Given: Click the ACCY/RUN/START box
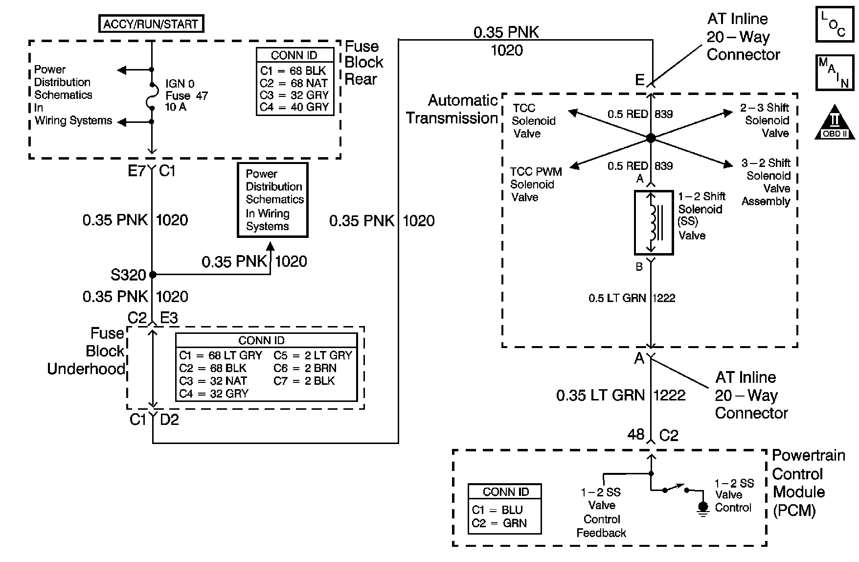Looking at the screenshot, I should [x=151, y=24].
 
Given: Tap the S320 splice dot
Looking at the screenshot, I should [x=152, y=275].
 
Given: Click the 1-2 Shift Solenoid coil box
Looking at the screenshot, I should [x=654, y=223].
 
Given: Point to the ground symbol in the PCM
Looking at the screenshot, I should [x=703, y=508].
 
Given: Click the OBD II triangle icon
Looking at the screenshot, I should [x=835, y=122].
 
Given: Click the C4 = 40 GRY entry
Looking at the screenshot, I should [x=294, y=107].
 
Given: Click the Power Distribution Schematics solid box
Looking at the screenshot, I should [x=272, y=200].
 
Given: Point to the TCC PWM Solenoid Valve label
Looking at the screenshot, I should [x=535, y=185].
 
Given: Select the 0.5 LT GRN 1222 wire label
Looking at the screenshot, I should [x=632, y=298].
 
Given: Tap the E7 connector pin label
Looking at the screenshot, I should [x=136, y=171].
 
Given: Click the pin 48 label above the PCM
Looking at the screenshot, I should [x=636, y=434].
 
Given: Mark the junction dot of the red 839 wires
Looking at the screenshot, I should [x=651, y=138].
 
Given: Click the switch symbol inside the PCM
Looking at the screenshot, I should [x=676, y=489].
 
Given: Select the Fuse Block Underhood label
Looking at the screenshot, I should [x=86, y=351].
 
